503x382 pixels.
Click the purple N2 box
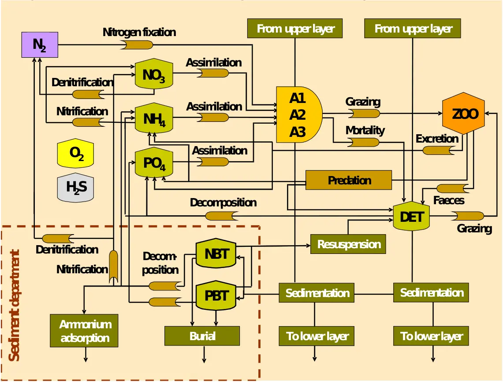click(40, 44)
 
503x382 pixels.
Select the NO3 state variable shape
click(154, 75)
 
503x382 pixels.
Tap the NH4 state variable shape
click(154, 119)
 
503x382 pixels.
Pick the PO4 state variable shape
click(154, 163)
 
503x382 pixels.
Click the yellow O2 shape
click(76, 153)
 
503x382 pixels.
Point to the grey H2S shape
click(76, 188)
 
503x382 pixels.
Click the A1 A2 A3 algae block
click(298, 114)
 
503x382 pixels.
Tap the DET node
click(411, 217)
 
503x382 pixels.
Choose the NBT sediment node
click(216, 254)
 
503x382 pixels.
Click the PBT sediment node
click(216, 295)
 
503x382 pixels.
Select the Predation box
click(349, 180)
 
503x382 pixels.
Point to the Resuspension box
click(348, 244)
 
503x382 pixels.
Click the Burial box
click(202, 336)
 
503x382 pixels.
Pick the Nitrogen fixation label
click(139, 32)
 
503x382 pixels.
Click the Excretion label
click(437, 139)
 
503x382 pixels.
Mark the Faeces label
click(449, 201)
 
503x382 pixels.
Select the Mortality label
click(365, 130)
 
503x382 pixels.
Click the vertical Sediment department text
click(15, 305)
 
